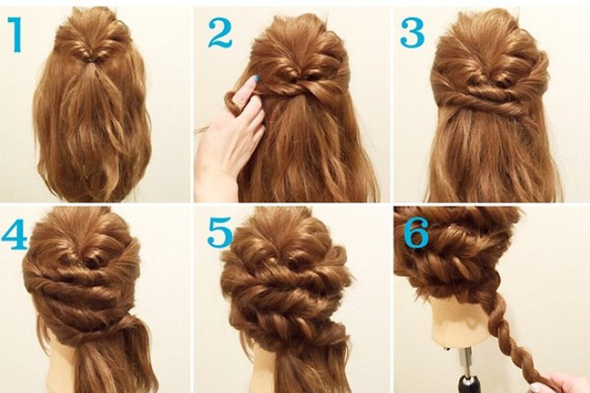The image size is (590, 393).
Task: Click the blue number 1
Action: click(x=16, y=35)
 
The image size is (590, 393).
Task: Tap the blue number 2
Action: click(x=220, y=33)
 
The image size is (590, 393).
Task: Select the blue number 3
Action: click(x=413, y=33)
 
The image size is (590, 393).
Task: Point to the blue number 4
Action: click(x=15, y=234)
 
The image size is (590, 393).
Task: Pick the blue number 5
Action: click(x=220, y=233)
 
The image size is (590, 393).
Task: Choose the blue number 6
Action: click(x=417, y=233)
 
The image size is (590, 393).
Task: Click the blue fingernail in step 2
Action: click(x=258, y=79)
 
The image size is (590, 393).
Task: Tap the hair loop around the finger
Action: click(x=232, y=103)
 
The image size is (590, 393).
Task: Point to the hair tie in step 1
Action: click(x=91, y=59)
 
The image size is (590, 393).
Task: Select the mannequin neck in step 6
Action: click(x=460, y=323)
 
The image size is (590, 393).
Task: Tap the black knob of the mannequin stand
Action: click(x=468, y=383)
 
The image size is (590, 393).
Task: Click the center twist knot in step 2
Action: click(x=297, y=79)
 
